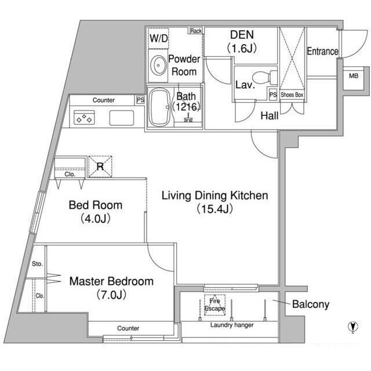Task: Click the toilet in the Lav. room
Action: tap(264, 78)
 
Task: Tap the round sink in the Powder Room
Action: tap(158, 66)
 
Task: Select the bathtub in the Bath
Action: tap(161, 108)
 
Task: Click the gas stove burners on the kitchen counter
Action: tap(85, 118)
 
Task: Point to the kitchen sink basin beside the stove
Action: tap(122, 118)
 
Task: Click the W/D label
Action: tap(158, 38)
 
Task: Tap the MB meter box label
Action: tap(354, 76)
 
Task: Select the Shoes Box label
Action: tap(292, 94)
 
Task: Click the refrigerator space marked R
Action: tap(100, 166)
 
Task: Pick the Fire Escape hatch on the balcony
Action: tap(214, 305)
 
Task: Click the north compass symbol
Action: tap(353, 327)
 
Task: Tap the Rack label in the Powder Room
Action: tap(196, 31)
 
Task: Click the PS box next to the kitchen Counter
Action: tap(140, 100)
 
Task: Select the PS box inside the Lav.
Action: tap(273, 94)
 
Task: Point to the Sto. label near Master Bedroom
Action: tap(37, 264)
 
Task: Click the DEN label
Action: tap(242, 35)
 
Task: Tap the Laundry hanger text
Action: tap(232, 325)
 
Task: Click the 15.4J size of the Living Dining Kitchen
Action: tap(214, 209)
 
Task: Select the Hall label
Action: tap(269, 116)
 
